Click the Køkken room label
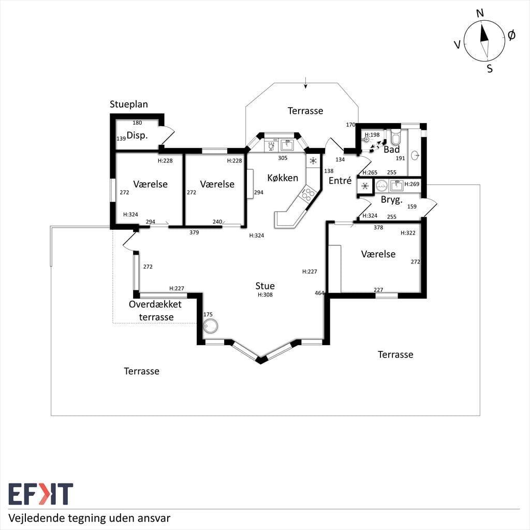point(283,178)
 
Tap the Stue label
point(265,286)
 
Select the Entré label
point(340,181)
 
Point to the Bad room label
point(391,150)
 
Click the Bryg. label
point(392,200)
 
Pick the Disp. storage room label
point(137,136)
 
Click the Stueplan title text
point(129,104)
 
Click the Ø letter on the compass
point(511,35)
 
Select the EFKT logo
point(40,494)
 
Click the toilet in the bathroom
point(395,136)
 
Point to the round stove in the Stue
point(211,326)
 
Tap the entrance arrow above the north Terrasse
point(305,83)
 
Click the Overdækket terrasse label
point(155,311)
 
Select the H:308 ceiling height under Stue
point(265,295)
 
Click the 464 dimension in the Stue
point(319,293)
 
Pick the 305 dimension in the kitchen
point(283,158)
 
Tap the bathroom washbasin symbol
point(416,155)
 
